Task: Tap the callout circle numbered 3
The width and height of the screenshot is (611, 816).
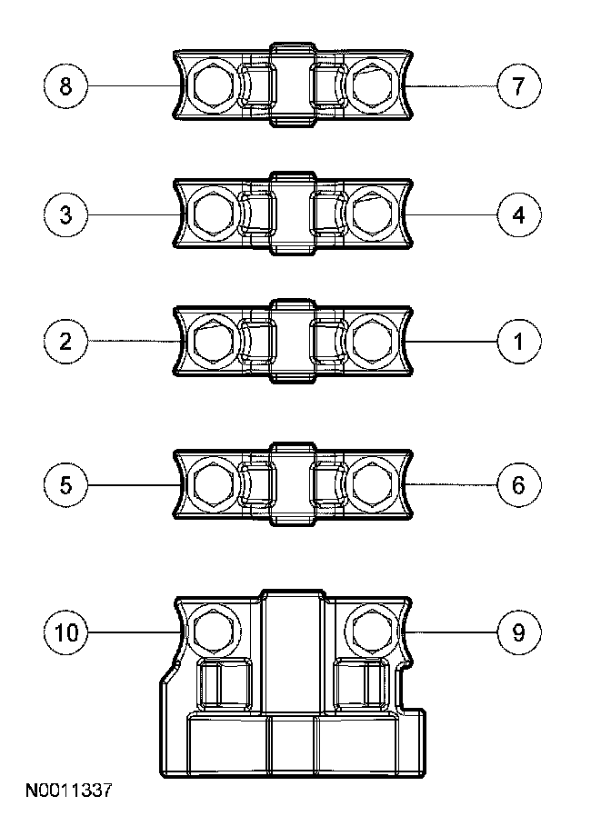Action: tap(65, 214)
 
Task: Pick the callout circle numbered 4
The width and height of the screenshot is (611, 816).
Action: tap(519, 214)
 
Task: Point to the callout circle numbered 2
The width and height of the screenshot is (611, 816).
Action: tap(65, 342)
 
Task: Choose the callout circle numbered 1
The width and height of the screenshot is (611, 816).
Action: tap(519, 342)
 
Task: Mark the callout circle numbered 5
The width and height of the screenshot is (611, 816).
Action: tap(65, 484)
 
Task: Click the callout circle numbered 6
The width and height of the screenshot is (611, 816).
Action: tap(519, 484)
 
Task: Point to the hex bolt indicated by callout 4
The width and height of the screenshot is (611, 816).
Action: tap(371, 214)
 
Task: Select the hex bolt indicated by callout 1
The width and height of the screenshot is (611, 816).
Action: tap(371, 342)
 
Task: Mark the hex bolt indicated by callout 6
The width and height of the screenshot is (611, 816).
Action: tap(371, 484)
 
